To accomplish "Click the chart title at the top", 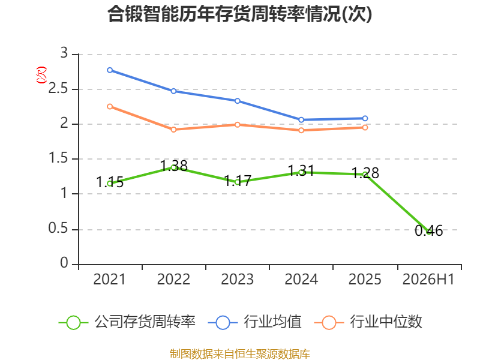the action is click(x=239, y=14).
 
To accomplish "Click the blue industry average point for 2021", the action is click(x=110, y=70).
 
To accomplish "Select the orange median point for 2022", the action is click(x=173, y=130).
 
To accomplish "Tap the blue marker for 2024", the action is click(x=301, y=119).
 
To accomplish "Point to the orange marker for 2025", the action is click(x=365, y=127).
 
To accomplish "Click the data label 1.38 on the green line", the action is click(x=174, y=166).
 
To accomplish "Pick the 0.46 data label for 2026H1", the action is click(x=428, y=231).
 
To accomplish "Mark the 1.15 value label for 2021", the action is click(x=110, y=182).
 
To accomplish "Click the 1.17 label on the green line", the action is click(x=238, y=181).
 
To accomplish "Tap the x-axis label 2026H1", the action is click(x=428, y=279).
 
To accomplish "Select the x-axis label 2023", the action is click(x=237, y=279).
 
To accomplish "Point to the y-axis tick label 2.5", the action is click(x=58, y=89).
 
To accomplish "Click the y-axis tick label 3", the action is click(x=64, y=53).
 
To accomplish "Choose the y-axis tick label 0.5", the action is click(x=58, y=229).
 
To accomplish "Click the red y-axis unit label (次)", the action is click(x=41, y=74).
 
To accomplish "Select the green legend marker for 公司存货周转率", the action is click(x=73, y=323).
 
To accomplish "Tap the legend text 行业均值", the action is click(x=272, y=322).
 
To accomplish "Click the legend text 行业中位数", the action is click(x=386, y=322).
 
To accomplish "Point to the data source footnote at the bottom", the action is click(x=239, y=354).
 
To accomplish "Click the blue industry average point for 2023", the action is click(x=237, y=101).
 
